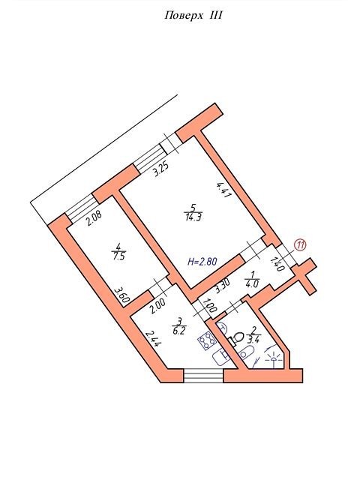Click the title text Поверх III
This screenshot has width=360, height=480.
click(x=193, y=15)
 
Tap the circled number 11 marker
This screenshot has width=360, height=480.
click(x=300, y=244)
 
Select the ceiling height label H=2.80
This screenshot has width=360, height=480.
click(x=202, y=262)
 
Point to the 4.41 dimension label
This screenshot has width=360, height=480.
click(x=223, y=190)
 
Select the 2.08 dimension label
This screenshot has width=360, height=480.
click(x=94, y=219)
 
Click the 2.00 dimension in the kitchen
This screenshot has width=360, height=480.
click(x=157, y=307)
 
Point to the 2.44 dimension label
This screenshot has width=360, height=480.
click(x=152, y=339)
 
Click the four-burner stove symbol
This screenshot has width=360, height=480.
click(x=207, y=341)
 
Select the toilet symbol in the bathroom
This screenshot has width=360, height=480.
click(x=235, y=339)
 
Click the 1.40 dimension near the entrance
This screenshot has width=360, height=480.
click(x=277, y=264)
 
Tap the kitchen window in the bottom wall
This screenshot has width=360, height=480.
click(x=203, y=376)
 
